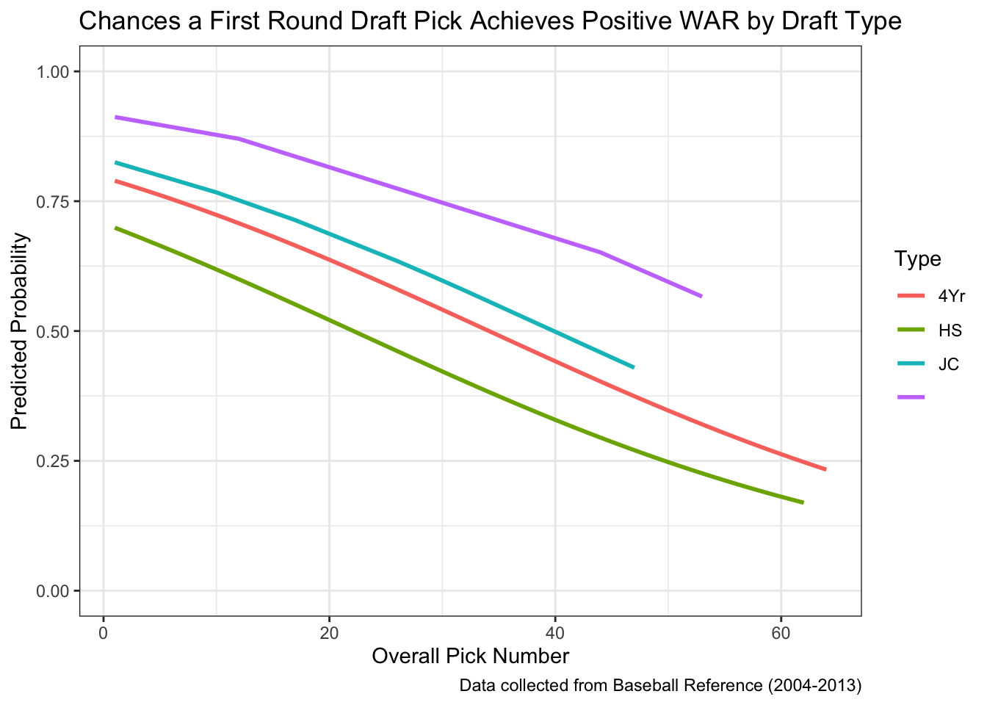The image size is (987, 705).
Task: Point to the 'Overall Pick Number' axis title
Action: (x=470, y=656)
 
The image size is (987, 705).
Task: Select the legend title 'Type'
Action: (x=918, y=259)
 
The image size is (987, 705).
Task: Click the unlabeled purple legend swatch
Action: (x=911, y=397)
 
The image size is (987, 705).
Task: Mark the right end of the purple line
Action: (x=701, y=296)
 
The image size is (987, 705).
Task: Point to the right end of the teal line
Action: (x=633, y=367)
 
